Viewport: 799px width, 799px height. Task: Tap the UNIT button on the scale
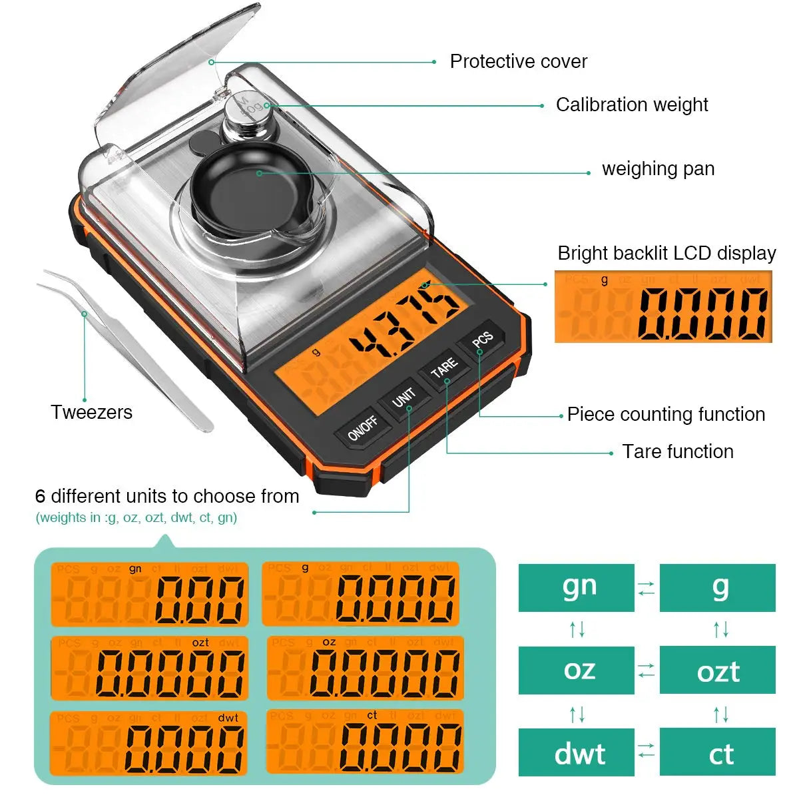(x=403, y=398)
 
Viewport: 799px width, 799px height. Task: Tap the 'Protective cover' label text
(x=518, y=61)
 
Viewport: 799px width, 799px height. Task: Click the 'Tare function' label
(x=677, y=451)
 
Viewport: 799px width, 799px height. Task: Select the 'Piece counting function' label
(x=666, y=414)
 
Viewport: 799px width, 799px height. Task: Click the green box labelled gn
(x=577, y=588)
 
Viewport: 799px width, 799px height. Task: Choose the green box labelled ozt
(x=718, y=670)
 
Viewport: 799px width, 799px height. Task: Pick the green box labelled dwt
(x=577, y=752)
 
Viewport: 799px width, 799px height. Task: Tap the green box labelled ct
(x=718, y=752)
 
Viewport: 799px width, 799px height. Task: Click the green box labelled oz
(x=577, y=670)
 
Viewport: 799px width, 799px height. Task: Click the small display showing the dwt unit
(x=148, y=743)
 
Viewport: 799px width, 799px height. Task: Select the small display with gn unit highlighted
(x=150, y=595)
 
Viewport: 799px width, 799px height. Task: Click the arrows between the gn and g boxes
(x=647, y=588)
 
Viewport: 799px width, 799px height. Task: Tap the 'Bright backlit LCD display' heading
(x=666, y=253)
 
